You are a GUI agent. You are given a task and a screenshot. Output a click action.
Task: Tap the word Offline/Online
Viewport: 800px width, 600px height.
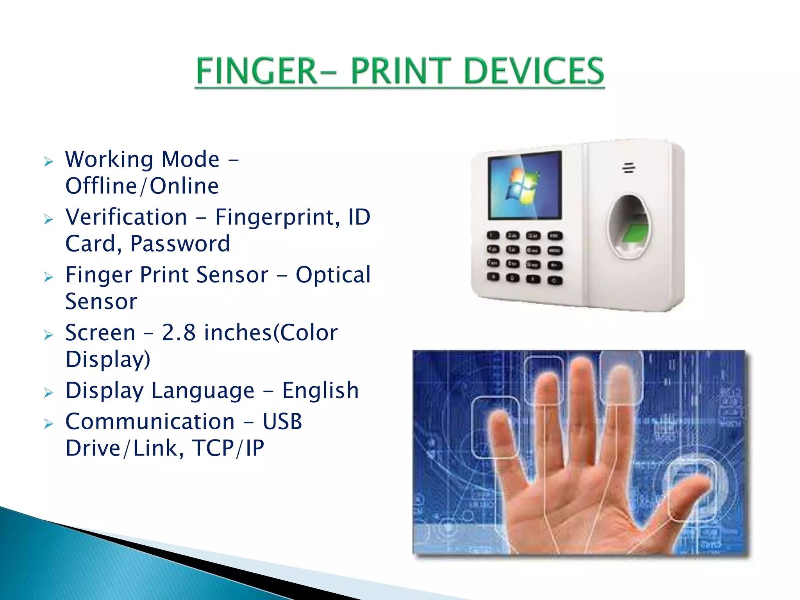142,186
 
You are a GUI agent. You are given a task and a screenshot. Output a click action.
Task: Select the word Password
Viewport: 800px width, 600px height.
180,244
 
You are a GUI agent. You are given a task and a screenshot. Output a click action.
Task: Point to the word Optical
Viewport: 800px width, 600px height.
333,275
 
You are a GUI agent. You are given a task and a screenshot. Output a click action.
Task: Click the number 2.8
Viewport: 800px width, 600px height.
179,333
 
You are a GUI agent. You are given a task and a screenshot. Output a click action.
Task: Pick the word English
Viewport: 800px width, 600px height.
320,391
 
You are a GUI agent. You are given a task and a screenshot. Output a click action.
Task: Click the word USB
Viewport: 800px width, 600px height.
282,422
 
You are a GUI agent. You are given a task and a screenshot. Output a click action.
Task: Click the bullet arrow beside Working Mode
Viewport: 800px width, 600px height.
48,161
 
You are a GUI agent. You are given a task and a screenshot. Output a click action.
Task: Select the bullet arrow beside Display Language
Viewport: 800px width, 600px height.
48,393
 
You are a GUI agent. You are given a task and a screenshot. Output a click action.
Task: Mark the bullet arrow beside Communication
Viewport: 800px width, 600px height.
48,424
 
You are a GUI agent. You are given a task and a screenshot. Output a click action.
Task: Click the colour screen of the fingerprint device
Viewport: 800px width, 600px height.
525,185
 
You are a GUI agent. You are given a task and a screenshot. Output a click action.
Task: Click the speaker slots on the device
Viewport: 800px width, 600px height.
629,168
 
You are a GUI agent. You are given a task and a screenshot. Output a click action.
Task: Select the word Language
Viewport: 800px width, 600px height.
203,391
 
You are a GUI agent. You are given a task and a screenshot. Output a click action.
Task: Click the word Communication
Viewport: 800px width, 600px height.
150,422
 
